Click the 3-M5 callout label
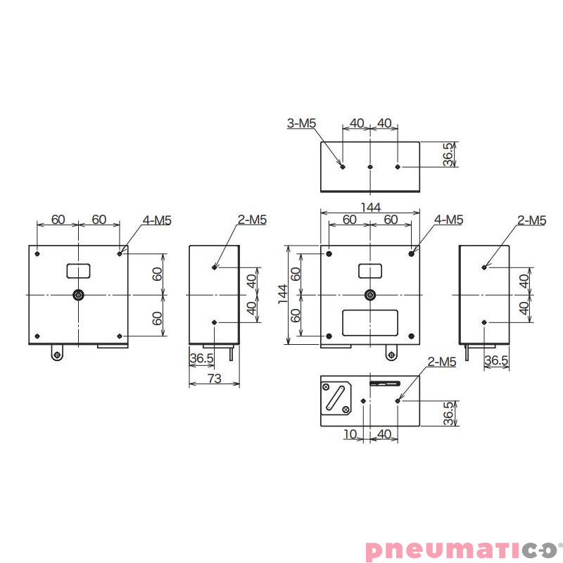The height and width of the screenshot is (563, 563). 301,123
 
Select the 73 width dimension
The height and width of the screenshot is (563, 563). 215,379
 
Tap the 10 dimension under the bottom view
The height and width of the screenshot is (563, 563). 350,434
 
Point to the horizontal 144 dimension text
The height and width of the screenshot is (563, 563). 370,207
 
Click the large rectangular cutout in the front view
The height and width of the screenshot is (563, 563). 369,322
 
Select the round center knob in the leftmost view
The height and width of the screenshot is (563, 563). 79,295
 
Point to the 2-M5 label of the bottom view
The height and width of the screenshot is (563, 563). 442,362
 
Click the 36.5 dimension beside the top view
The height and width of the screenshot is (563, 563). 448,155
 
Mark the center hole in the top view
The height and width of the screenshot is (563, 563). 370,167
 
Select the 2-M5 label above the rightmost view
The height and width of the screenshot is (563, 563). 531,220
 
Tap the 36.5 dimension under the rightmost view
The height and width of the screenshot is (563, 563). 496,360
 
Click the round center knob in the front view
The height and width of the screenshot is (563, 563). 369,295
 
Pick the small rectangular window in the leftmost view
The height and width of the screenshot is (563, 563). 79,270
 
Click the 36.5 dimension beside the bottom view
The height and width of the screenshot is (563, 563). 448,414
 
